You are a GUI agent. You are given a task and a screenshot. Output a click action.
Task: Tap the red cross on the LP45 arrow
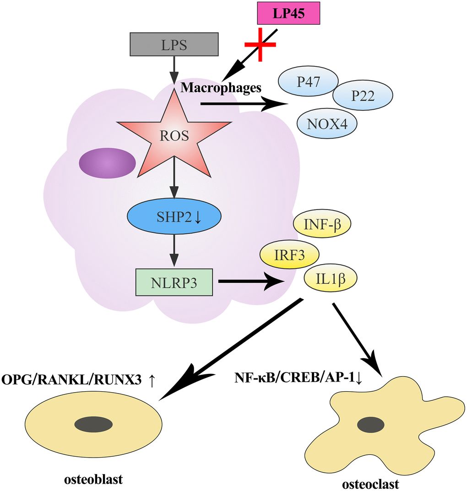261,44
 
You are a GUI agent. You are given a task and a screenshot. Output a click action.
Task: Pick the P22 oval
362,96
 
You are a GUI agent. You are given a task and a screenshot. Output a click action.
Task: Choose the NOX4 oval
327,124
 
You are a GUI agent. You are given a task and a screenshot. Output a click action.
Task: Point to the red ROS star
174,135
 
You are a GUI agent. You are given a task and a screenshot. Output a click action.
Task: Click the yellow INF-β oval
320,224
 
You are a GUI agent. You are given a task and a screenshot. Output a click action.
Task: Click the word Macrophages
221,87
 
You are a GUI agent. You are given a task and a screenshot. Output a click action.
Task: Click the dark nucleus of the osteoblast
93,424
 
